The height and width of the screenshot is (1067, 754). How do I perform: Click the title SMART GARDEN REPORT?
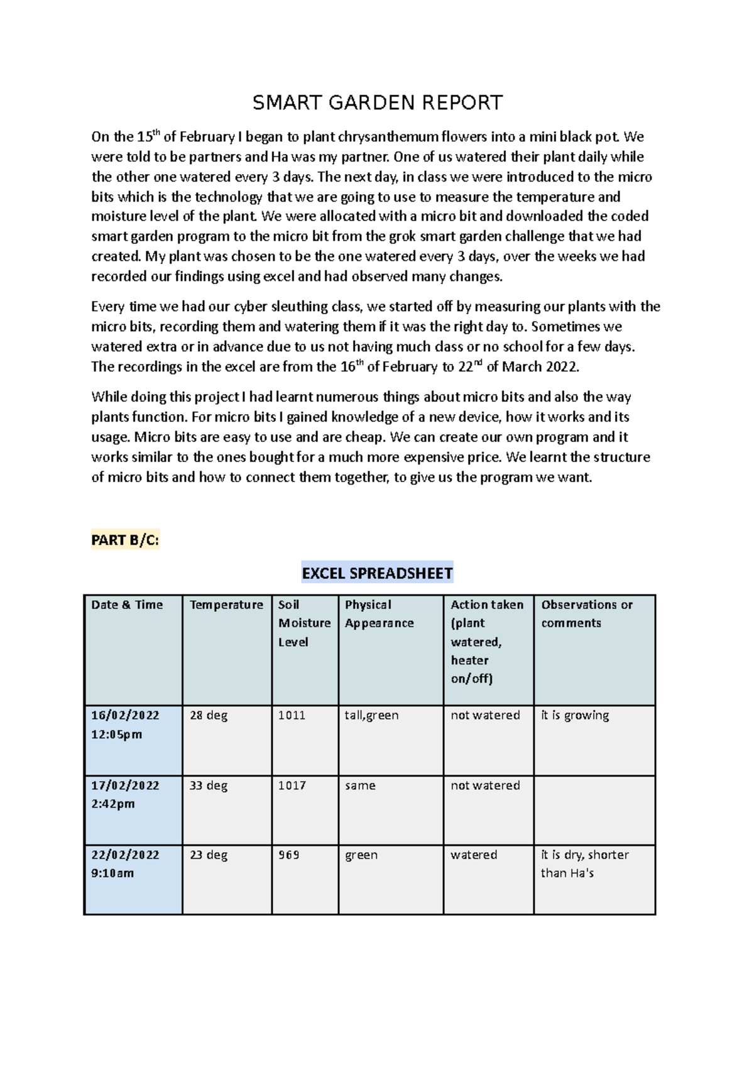377,102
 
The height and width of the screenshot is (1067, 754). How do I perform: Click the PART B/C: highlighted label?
125,540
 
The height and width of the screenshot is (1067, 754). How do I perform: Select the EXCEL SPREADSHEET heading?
377,573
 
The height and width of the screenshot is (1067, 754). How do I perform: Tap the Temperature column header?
226,605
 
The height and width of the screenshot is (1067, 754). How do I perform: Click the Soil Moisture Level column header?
304,623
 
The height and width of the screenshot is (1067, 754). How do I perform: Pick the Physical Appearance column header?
379,614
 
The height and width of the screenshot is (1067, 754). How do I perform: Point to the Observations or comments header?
586,614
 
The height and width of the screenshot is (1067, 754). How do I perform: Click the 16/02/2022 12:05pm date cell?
125,725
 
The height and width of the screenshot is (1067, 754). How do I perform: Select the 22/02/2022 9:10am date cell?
125,863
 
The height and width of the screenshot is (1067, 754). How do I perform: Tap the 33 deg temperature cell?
209,785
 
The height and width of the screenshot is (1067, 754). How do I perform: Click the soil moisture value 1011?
292,715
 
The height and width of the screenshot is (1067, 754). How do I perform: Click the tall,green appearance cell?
371,715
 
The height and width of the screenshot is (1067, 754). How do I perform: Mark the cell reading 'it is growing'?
575,715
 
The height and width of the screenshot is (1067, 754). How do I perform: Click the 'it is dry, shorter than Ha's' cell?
584,863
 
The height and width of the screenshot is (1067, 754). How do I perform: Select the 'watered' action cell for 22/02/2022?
474,855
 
